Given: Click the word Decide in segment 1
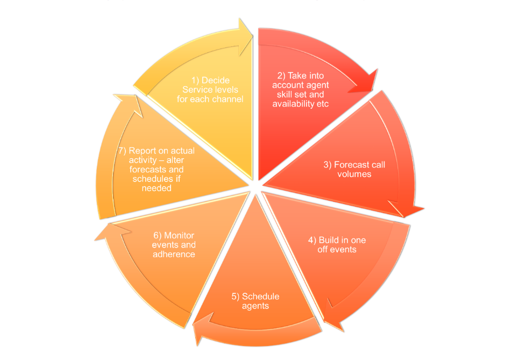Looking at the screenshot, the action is (216, 81).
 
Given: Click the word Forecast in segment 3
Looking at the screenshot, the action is (351, 165).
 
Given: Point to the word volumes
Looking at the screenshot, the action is (354, 174).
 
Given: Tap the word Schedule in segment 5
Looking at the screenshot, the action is (261, 297).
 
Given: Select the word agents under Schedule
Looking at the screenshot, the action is (255, 306).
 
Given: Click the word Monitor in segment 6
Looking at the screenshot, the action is (179, 236).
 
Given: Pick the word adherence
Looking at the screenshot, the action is (174, 255).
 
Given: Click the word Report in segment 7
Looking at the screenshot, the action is (143, 151).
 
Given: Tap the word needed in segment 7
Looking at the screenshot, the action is (157, 188).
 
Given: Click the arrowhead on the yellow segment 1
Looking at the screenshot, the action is (245, 37).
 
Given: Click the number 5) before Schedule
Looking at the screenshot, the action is (236, 297).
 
